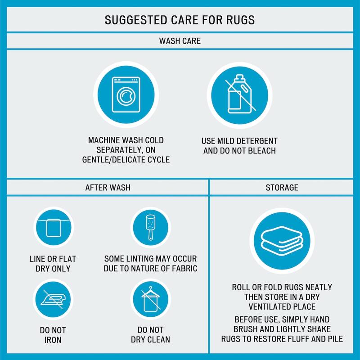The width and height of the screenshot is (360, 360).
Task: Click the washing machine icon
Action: click(126, 94)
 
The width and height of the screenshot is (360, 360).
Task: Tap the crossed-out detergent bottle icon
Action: click(240, 94)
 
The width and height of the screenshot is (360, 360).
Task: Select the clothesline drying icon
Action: click(54, 227)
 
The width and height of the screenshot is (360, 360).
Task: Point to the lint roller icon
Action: click(150, 227)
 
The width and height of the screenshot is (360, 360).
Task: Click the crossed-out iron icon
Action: click(53, 299)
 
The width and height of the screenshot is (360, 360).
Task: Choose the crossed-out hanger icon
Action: click(151, 299)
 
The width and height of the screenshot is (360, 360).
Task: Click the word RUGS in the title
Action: click(240, 20)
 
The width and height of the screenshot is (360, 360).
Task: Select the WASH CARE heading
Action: click(180, 41)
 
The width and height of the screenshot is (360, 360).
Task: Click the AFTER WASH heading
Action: click(108, 188)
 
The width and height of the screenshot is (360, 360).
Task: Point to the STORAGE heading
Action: click(282, 188)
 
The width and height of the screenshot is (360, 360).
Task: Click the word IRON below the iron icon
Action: click(53, 340)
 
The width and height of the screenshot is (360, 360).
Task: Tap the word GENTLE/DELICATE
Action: click(113, 160)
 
